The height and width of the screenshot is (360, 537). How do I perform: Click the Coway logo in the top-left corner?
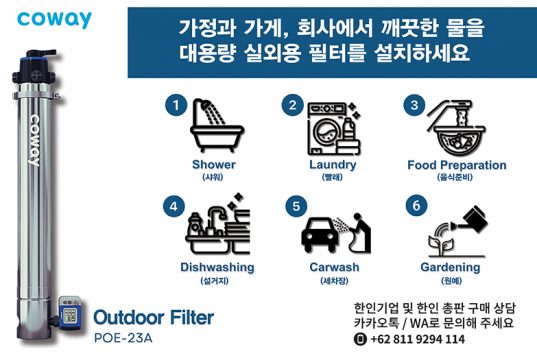pyautogui.click(x=54, y=20)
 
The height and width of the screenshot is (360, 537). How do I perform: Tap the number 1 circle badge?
pyautogui.click(x=176, y=105)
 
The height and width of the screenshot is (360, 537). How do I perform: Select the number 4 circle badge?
pyautogui.click(x=174, y=206)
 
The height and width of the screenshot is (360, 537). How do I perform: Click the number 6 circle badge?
pyautogui.click(x=416, y=206)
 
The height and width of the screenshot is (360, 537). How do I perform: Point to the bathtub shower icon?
pyautogui.click(x=216, y=126)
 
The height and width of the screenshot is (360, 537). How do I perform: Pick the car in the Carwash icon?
pyautogui.click(x=320, y=235)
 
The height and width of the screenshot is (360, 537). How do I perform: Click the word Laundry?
pyautogui.click(x=333, y=165)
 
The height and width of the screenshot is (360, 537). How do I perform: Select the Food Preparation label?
pyautogui.click(x=457, y=165)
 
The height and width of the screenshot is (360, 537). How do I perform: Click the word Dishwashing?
pyautogui.click(x=217, y=267)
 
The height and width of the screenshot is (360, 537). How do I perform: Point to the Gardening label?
pyautogui.click(x=450, y=267)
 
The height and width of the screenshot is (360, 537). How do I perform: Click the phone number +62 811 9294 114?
pyautogui.click(x=417, y=339)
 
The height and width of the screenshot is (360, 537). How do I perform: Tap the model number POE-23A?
pyautogui.click(x=123, y=338)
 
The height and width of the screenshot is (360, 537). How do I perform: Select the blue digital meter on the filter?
pyautogui.click(x=70, y=312)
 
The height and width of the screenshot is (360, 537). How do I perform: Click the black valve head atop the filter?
pyautogui.click(x=34, y=69)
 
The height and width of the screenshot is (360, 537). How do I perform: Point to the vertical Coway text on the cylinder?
pyautogui.click(x=35, y=140)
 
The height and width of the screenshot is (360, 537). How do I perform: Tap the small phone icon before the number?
pyautogui.click(x=360, y=339)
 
